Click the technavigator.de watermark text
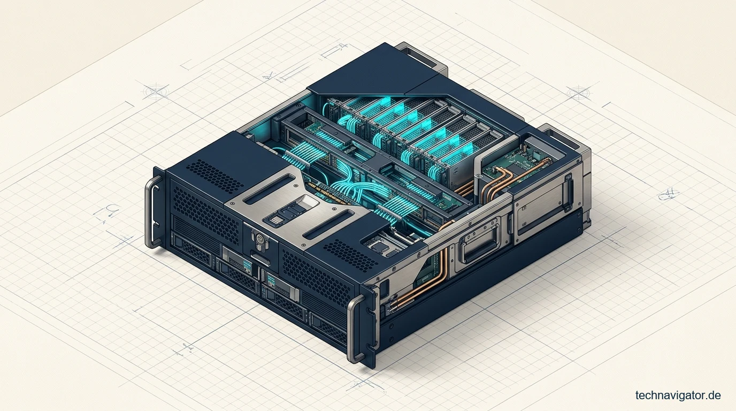pos(678,395)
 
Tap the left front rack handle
pos(152,211)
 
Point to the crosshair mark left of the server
pos(156,92)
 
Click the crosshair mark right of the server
pos(578,93)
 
